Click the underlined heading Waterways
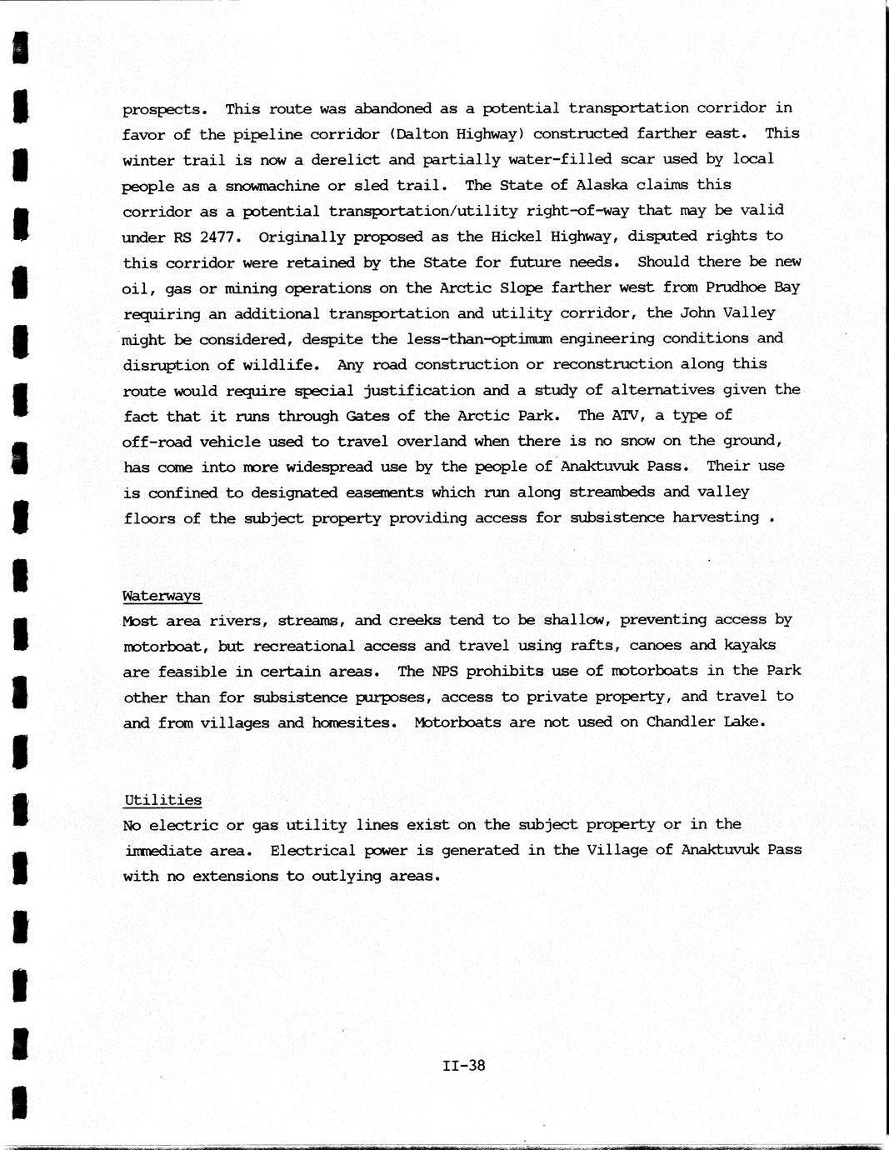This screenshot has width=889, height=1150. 162,596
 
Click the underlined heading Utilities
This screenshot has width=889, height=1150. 162,800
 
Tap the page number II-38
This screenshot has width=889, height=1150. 464,1065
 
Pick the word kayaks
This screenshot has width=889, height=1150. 750,645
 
